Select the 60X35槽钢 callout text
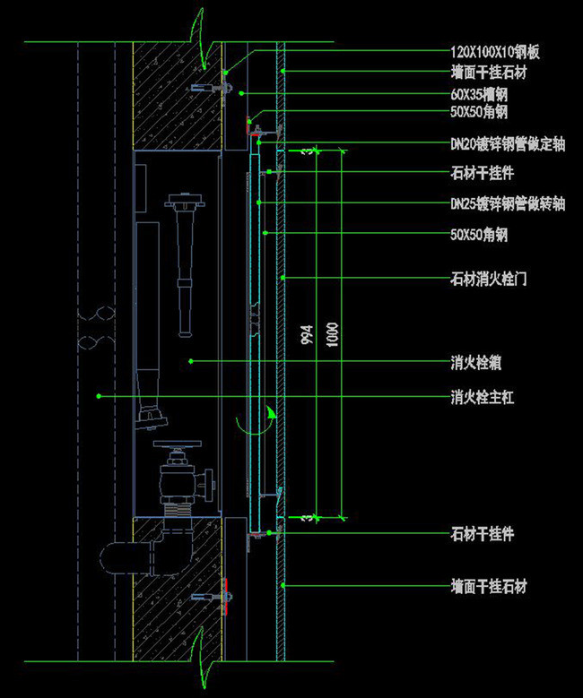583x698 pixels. [483, 93]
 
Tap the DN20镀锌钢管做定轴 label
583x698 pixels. [508, 143]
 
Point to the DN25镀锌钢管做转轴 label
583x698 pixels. [508, 204]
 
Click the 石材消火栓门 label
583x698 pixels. [488, 279]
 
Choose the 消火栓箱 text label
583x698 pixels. [475, 364]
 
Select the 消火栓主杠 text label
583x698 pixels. [482, 396]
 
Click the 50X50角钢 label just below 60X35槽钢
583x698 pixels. [479, 113]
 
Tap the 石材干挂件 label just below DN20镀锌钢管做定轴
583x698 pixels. [482, 172]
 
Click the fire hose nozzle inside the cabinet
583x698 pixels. [184, 260]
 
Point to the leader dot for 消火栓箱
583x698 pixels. [191, 362]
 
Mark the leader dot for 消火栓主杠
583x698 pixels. [99, 395]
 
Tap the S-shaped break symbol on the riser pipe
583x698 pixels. [96, 328]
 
